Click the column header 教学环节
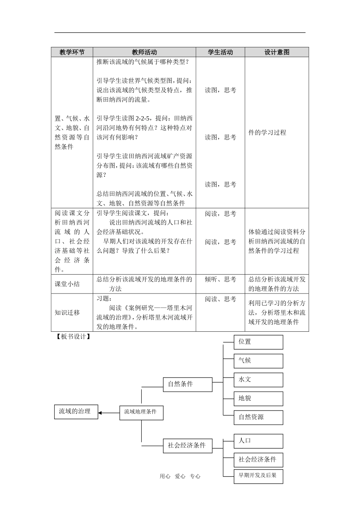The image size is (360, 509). click(72, 52)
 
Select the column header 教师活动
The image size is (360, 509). click(144, 52)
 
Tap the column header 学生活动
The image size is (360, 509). click(220, 52)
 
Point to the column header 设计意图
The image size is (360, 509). click(277, 52)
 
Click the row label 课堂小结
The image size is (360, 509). click(67, 284)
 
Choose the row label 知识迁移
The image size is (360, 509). click(67, 312)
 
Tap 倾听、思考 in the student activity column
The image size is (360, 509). click(220, 279)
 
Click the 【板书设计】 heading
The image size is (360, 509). click(73, 337)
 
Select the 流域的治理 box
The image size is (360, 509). click(76, 411)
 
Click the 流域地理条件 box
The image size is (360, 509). click(141, 412)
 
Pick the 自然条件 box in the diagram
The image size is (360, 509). click(187, 384)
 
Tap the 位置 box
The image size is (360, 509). click(258, 342)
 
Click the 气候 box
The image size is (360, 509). click(258, 361)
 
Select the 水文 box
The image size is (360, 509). click(258, 379)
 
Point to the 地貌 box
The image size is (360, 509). click(258, 398)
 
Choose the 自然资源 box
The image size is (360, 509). click(258, 417)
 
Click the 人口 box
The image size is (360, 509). click(258, 441)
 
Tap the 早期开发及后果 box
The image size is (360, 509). click(258, 476)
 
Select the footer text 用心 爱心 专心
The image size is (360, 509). click(180, 476)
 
